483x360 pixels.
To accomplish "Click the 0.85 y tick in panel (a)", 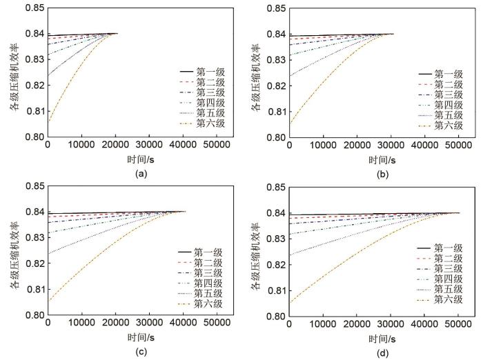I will pos(32,8).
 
